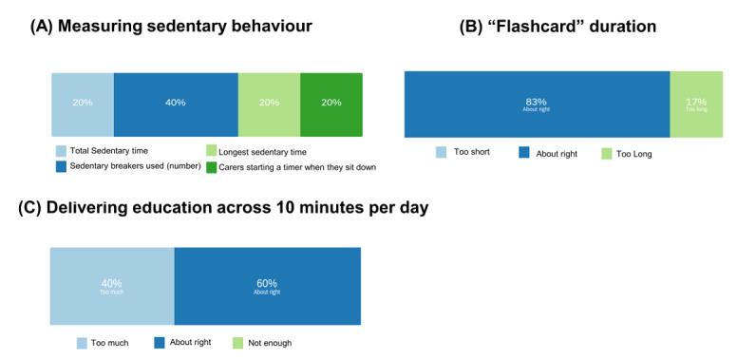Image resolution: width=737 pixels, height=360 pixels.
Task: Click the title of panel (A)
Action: tap(170, 27)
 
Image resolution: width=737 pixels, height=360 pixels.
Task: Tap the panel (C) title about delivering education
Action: tap(223, 207)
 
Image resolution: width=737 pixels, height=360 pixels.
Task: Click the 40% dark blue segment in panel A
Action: tap(176, 103)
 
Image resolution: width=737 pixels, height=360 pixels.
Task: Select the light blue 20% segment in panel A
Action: tap(83, 103)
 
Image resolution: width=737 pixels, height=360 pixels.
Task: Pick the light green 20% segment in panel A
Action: tap(269, 103)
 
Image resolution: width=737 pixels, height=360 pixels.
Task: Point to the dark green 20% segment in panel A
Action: tap(331, 103)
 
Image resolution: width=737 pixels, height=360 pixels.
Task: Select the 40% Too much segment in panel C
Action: tap(112, 285)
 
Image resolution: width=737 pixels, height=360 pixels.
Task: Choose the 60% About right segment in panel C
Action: tap(267, 285)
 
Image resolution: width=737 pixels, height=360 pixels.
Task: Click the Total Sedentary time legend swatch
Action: tap(62, 151)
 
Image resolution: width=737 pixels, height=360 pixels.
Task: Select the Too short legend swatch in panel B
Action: tap(442, 152)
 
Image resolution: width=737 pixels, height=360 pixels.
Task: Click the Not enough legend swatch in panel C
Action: tap(238, 343)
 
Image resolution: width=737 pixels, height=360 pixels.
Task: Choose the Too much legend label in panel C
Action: tap(109, 343)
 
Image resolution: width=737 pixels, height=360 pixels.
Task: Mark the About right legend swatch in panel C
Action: tap(160, 343)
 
